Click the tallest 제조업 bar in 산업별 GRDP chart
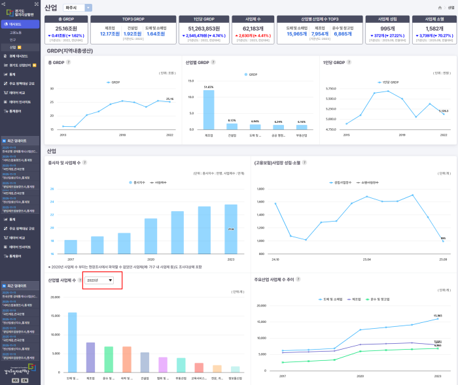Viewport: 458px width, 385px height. click(209, 109)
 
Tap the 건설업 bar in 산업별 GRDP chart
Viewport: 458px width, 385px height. click(232, 126)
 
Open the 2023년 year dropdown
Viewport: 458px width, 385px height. click(101, 280)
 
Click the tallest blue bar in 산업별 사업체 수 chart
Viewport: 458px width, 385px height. click(73, 342)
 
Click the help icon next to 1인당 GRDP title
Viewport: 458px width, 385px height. click(347, 62)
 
